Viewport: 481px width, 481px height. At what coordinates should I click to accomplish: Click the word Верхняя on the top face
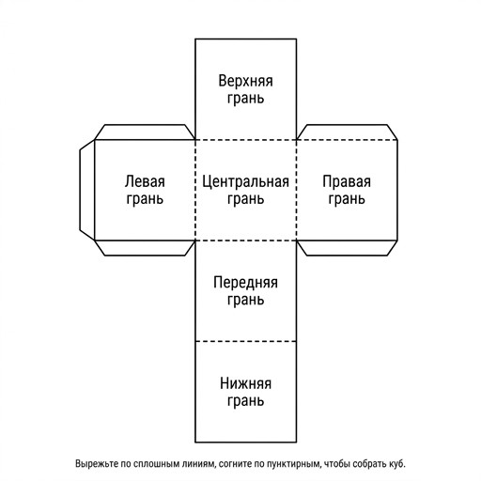tap(245, 81)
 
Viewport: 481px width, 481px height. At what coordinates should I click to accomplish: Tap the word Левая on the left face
tap(145, 181)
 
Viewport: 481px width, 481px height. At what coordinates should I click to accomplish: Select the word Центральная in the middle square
tap(245, 182)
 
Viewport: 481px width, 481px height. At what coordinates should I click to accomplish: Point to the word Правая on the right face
tap(347, 182)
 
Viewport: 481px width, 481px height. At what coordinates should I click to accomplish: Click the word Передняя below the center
tap(245, 283)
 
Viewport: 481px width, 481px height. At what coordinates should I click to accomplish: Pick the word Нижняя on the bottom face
tap(245, 383)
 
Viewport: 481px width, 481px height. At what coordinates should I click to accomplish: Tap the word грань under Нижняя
tap(245, 401)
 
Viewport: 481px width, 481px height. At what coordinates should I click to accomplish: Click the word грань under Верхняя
tap(245, 99)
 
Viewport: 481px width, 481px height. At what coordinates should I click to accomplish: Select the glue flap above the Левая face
tap(145, 132)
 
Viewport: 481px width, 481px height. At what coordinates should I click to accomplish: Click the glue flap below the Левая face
tap(145, 248)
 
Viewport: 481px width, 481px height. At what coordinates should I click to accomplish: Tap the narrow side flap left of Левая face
tap(87, 190)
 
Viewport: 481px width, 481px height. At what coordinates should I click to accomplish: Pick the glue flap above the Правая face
tap(347, 132)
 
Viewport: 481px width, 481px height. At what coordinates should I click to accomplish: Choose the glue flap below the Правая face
tap(347, 248)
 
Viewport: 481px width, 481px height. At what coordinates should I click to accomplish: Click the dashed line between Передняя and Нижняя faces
tap(246, 341)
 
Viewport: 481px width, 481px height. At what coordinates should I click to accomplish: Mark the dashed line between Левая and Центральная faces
tap(195, 190)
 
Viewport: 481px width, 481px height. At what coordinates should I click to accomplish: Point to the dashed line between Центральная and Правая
tap(296, 190)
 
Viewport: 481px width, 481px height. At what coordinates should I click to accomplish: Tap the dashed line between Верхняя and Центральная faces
tap(246, 140)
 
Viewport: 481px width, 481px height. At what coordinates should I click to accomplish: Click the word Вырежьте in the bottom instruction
tap(97, 464)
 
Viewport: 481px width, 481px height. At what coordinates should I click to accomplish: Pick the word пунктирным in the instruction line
tap(294, 464)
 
